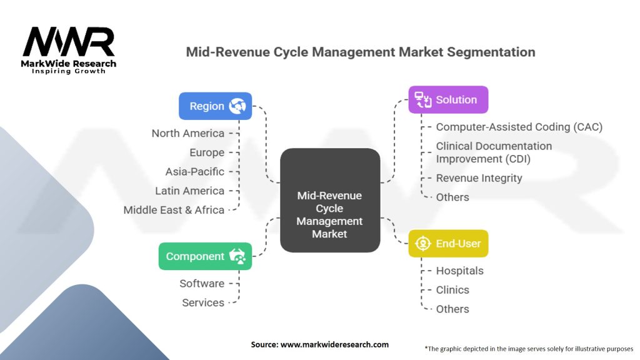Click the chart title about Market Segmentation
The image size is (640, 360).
coord(361,52)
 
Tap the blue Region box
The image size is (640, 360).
coord(215,106)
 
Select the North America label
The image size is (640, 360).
coord(187,133)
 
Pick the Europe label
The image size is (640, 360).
coord(207,152)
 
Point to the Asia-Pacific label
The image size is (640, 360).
coord(194,171)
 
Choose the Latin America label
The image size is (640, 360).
coord(189,191)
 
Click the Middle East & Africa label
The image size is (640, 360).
coord(174,210)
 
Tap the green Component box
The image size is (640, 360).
coord(205,256)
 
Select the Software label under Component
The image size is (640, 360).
coord(202,283)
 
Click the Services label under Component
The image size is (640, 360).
coord(203,302)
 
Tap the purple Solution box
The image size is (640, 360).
coord(448,100)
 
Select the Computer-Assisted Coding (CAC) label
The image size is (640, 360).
coord(519,127)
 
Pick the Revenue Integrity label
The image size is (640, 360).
coord(479,178)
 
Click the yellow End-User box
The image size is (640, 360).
coord(448,244)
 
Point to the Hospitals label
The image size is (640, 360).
coord(459,271)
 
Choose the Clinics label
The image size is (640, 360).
coord(452,290)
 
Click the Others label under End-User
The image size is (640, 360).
coord(452,309)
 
